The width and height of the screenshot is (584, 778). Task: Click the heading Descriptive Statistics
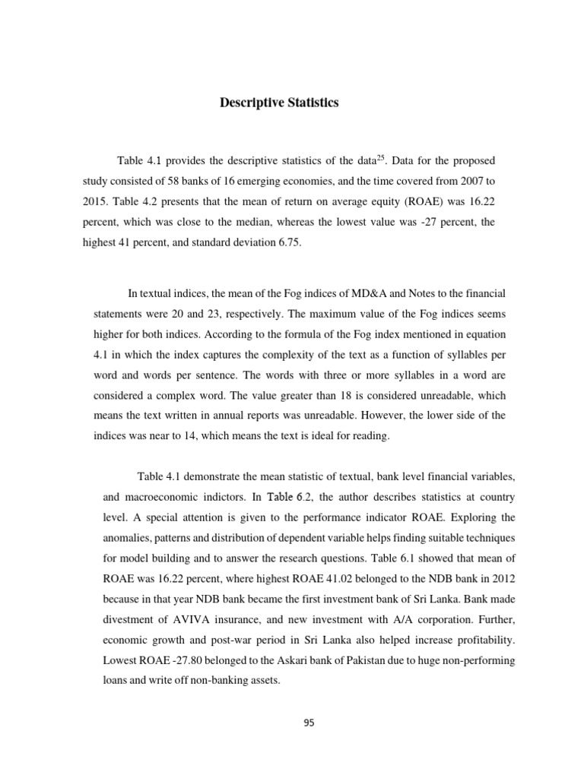coord(280,103)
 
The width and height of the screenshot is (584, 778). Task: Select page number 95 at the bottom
coord(308,723)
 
